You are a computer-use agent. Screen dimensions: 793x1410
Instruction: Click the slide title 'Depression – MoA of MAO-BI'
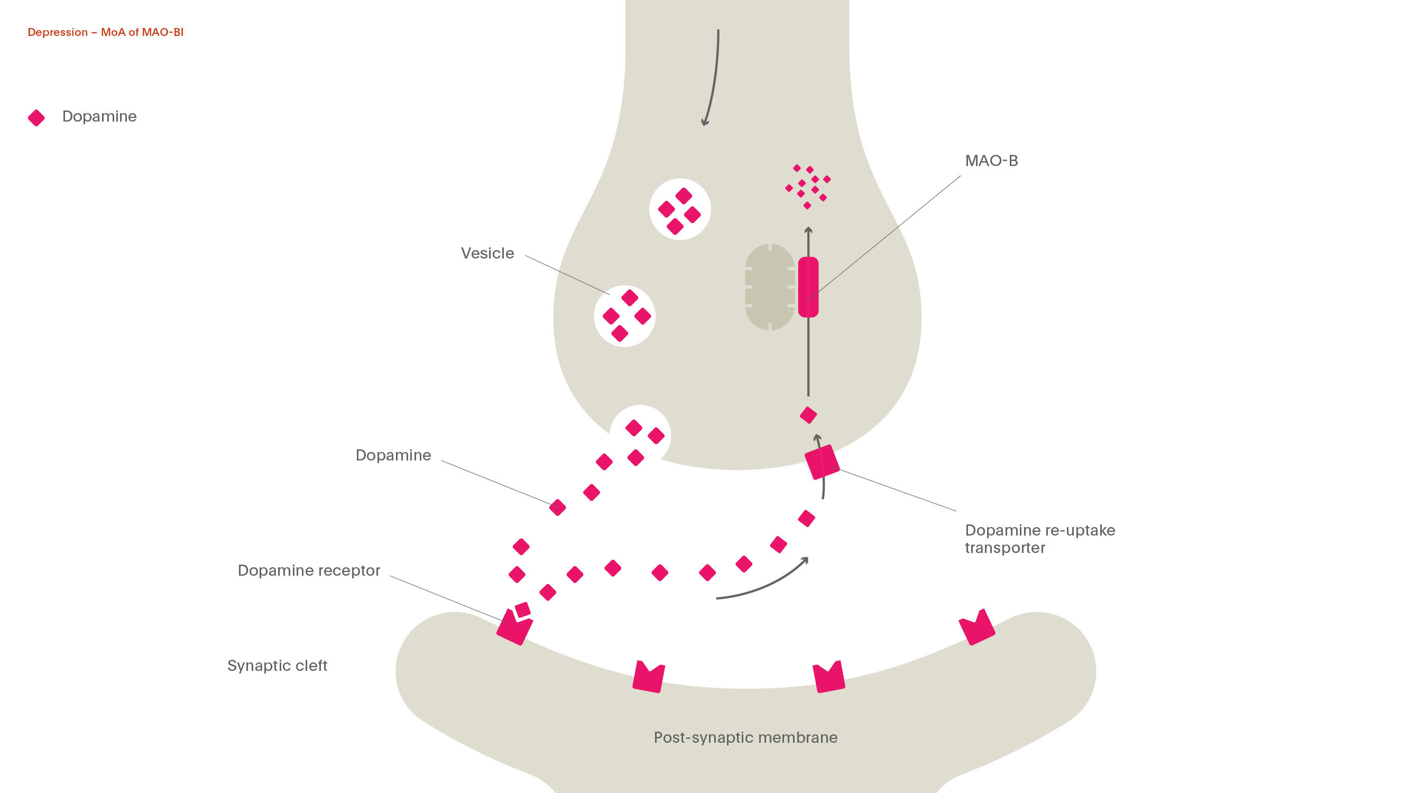tap(105, 32)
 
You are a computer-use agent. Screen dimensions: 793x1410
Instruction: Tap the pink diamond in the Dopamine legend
tap(36, 118)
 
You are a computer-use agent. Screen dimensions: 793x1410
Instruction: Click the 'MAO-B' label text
tap(991, 161)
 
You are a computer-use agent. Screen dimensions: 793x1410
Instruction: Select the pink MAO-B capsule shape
tap(808, 287)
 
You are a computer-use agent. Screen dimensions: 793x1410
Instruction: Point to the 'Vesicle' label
tap(487, 253)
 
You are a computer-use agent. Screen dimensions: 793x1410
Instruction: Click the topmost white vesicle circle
tap(679, 209)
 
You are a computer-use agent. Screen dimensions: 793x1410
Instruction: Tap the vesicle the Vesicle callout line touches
tap(624, 316)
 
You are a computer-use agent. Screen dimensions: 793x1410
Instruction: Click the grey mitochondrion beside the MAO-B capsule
tap(769, 287)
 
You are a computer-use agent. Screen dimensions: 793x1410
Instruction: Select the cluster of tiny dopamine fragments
tap(807, 186)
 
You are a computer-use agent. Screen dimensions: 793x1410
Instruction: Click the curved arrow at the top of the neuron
tap(712, 77)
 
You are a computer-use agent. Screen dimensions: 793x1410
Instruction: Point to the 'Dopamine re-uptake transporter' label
tap(1039, 539)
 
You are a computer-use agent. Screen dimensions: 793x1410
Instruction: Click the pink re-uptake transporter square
tap(822, 462)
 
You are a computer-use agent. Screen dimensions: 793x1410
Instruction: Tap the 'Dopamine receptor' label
tap(309, 570)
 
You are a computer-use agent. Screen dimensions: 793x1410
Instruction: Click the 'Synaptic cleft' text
tap(277, 666)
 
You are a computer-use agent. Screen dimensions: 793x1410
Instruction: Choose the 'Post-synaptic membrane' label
tap(745, 737)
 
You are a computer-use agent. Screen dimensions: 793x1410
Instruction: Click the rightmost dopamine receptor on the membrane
tap(977, 628)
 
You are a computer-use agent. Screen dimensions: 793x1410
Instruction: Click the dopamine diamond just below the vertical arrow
tap(808, 415)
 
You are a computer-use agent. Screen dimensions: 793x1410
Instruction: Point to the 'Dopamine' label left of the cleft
tap(393, 455)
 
